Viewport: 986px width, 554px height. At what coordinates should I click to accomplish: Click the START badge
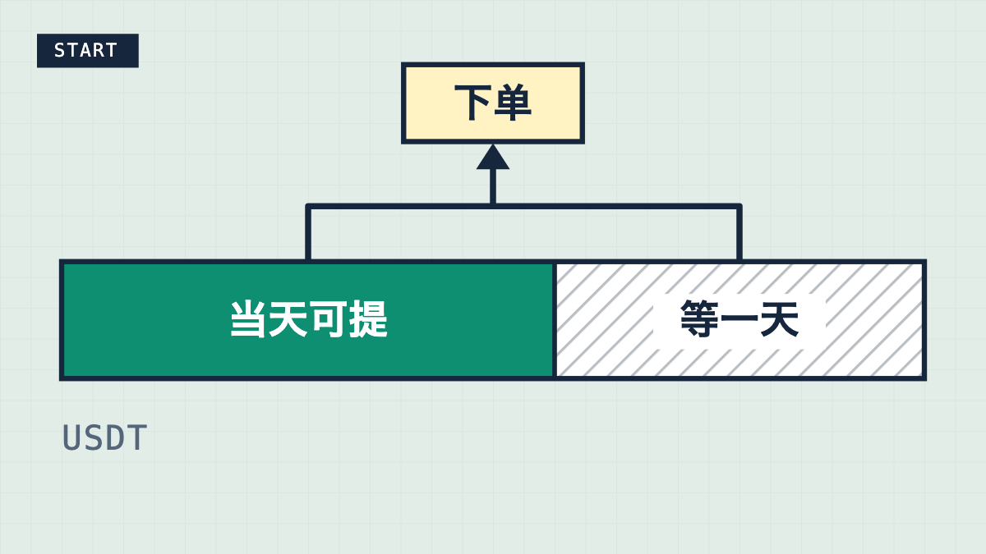pyautogui.click(x=88, y=51)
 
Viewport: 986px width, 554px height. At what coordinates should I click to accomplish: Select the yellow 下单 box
pyautogui.click(x=493, y=103)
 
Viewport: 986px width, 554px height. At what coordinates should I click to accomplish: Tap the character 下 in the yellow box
pyautogui.click(x=473, y=103)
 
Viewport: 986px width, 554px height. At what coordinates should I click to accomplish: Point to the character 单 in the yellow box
pyautogui.click(x=513, y=103)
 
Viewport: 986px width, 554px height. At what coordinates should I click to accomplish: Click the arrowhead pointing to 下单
pyautogui.click(x=493, y=157)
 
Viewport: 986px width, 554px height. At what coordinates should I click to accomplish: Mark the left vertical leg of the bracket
pyautogui.click(x=308, y=232)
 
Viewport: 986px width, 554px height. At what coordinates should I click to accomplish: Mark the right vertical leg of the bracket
pyautogui.click(x=739, y=232)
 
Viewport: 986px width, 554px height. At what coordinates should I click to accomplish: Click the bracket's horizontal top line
pyautogui.click(x=524, y=206)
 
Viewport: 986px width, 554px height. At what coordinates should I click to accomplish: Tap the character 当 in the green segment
pyautogui.click(x=248, y=319)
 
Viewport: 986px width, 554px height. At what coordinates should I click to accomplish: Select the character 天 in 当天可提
pyautogui.click(x=288, y=319)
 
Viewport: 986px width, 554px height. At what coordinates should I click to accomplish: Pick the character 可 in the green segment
pyautogui.click(x=328, y=319)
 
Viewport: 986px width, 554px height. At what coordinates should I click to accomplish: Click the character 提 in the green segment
pyautogui.click(x=368, y=319)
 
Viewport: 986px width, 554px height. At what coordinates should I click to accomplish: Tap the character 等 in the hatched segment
pyautogui.click(x=699, y=318)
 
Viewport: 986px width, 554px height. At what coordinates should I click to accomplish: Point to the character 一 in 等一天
pyautogui.click(x=739, y=319)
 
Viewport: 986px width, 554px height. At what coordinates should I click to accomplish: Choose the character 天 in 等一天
pyautogui.click(x=780, y=318)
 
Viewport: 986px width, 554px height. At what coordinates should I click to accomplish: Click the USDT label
pyautogui.click(x=105, y=437)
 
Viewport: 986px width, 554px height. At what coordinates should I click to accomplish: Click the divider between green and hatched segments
pyautogui.click(x=555, y=320)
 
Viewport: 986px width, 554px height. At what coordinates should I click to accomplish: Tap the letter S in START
pyautogui.click(x=59, y=51)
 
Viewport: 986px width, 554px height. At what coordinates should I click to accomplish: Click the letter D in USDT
pyautogui.click(x=115, y=437)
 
